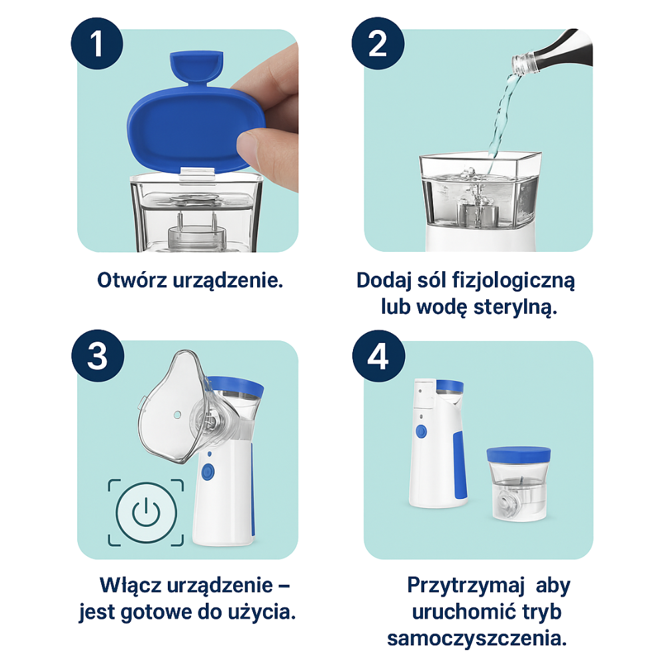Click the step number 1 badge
[97, 43]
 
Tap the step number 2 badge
[378, 43]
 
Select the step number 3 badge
[98, 356]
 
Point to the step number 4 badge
[378, 356]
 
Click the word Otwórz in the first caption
[132, 280]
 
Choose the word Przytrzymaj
[466, 585]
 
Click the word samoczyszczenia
[477, 639]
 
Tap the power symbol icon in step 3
[146, 512]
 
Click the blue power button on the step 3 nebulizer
[207, 472]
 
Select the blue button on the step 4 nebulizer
[421, 432]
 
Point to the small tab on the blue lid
[196, 67]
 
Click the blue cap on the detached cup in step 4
[519, 454]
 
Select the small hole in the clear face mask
[178, 414]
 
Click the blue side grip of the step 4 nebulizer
[460, 465]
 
